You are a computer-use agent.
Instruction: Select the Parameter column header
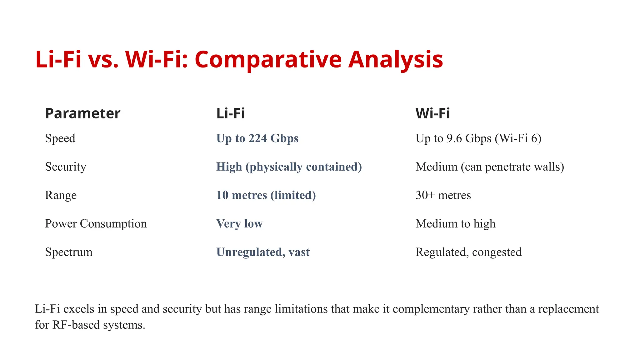tap(82, 113)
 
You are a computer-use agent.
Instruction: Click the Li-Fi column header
tap(230, 113)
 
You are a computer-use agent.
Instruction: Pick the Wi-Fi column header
tap(432, 113)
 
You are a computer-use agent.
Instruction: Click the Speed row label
tap(60, 138)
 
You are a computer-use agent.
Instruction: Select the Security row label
tap(65, 167)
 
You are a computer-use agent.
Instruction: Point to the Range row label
tap(61, 195)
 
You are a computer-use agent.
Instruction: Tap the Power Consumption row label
tap(96, 223)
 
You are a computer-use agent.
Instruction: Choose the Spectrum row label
tap(68, 252)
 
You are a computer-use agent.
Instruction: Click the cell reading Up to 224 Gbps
tap(257, 138)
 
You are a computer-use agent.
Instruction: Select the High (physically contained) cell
tap(289, 167)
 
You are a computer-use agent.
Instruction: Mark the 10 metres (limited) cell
tap(266, 195)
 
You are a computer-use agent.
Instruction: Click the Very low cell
tap(239, 223)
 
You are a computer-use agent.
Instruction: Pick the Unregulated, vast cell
tap(263, 252)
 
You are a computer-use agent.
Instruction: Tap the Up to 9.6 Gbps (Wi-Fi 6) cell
tap(478, 138)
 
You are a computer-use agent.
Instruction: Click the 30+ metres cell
tap(443, 195)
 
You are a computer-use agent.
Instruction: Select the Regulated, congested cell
tap(468, 252)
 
